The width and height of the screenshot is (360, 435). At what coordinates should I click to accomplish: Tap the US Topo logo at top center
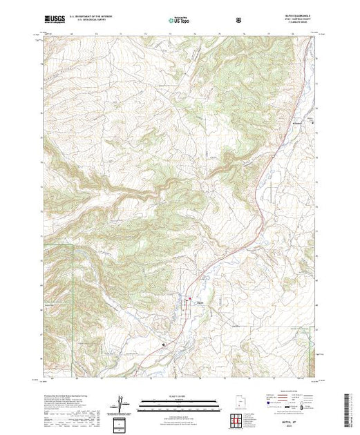[179, 21]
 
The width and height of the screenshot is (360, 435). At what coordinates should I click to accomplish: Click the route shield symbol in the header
[239, 21]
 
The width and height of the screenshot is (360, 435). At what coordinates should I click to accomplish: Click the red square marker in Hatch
[191, 298]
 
